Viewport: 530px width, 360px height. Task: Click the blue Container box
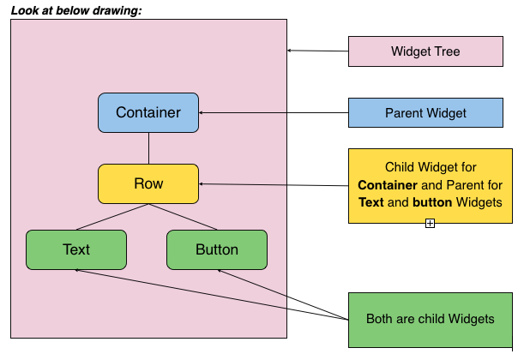click(148, 112)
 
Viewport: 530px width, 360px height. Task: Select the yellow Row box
click(148, 183)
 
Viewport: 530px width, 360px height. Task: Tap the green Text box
click(76, 249)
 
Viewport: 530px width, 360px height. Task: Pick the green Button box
click(217, 249)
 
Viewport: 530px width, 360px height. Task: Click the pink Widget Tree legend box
click(425, 51)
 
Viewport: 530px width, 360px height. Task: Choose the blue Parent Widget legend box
click(425, 113)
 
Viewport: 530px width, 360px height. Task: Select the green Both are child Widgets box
click(430, 318)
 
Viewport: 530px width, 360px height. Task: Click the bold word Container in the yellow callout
click(387, 184)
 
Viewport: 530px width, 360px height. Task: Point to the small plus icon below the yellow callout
click(430, 223)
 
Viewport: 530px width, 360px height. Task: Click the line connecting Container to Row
click(148, 147)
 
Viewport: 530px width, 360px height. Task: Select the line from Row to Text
click(111, 217)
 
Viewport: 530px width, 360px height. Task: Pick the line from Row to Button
click(184, 217)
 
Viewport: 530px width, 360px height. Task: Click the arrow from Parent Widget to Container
click(274, 112)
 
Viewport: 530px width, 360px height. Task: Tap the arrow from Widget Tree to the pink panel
click(317, 51)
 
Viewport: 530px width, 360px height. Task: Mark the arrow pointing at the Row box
click(274, 184)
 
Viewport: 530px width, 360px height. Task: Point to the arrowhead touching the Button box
click(220, 272)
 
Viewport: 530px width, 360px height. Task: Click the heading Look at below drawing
click(76, 9)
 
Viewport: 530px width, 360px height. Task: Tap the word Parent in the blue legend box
click(404, 113)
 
